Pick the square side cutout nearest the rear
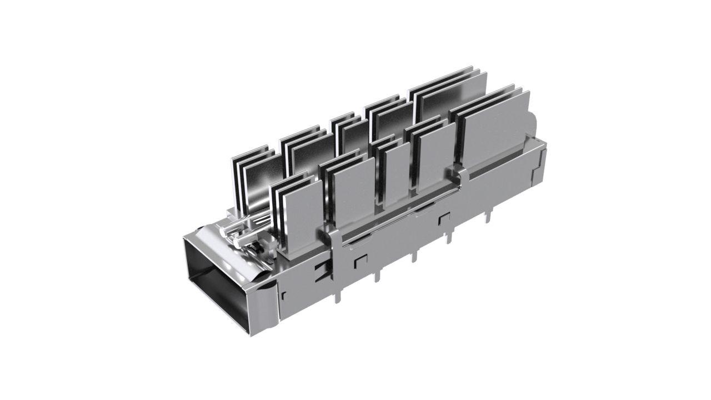444,219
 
